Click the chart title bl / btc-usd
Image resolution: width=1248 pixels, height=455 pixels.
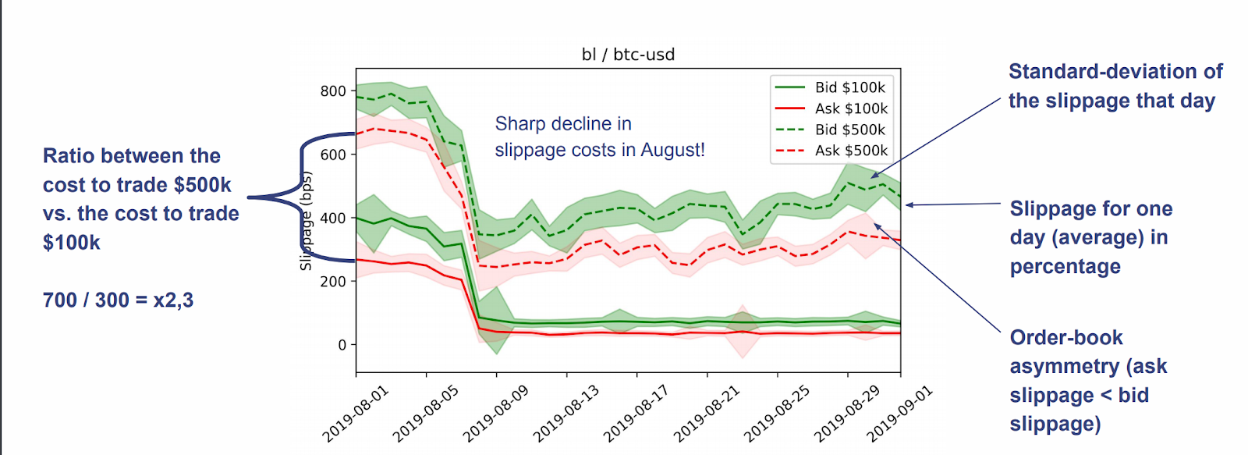point(628,55)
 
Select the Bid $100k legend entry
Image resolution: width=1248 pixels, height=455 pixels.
point(850,87)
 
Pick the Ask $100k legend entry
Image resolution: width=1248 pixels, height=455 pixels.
point(851,108)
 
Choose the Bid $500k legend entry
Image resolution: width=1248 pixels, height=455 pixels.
point(850,130)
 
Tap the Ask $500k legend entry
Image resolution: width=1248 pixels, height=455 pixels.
point(851,151)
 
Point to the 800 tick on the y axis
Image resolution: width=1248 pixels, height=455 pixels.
point(333,91)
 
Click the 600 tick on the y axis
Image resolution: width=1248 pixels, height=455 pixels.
point(333,155)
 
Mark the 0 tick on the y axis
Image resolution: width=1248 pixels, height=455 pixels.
point(342,345)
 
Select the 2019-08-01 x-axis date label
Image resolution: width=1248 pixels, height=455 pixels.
point(356,414)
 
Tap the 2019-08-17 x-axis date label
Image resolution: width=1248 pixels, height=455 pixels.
point(636,414)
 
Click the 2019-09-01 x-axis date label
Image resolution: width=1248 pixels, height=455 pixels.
point(900,414)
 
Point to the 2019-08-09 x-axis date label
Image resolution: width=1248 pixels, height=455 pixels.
point(496,414)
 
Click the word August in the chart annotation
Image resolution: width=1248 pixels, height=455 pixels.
point(672,150)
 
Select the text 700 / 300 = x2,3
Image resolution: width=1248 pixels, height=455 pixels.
point(118,300)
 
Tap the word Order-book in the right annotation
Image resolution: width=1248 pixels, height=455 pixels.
point(1066,338)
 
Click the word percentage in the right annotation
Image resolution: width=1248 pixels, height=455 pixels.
point(1065,267)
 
